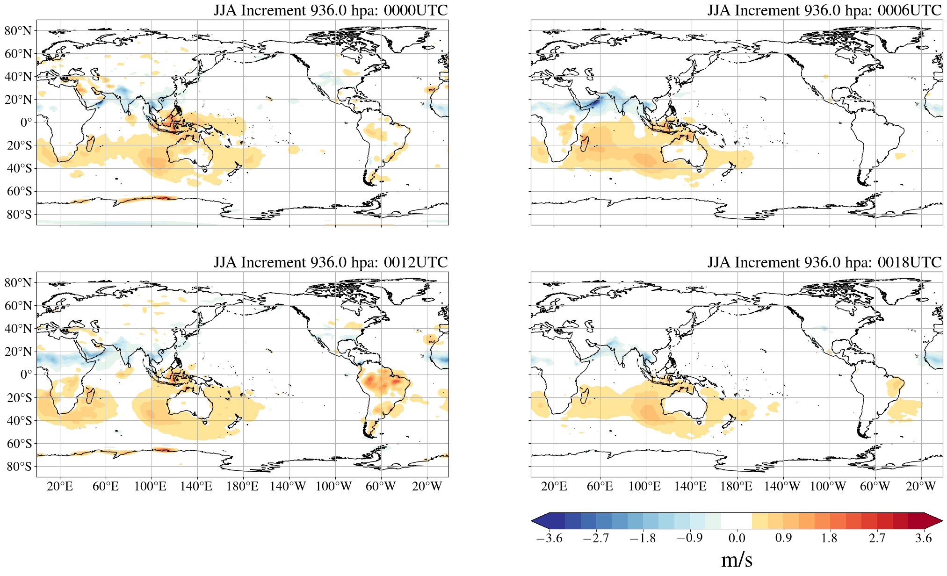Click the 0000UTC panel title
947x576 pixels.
pos(330,10)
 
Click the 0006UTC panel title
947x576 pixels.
pos(824,10)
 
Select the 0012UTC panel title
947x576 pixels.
pos(330,262)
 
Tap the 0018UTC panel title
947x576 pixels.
pos(824,262)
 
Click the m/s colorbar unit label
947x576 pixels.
pos(737,560)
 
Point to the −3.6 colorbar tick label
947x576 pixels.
pos(549,538)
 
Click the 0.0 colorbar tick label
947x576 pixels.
pos(737,538)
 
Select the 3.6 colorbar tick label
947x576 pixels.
pos(924,538)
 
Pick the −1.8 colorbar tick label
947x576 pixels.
pos(643,538)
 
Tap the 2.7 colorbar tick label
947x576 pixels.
pos(877,538)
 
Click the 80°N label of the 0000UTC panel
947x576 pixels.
pos(18,31)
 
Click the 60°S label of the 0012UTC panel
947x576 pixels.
pos(19,443)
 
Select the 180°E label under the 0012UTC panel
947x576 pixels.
pos(242,487)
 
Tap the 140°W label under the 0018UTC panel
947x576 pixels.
pos(782,487)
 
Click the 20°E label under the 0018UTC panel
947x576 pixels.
pos(554,487)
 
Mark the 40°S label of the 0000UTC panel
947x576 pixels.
pos(19,168)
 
